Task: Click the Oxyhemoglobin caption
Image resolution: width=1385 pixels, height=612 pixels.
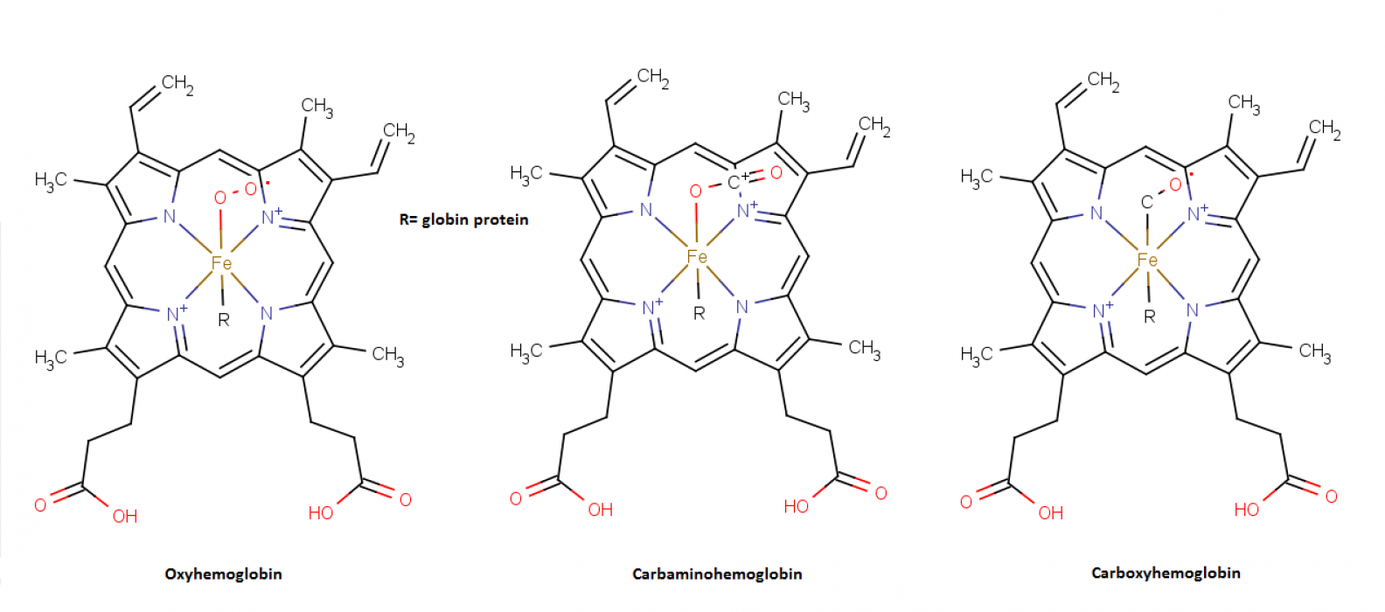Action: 223,574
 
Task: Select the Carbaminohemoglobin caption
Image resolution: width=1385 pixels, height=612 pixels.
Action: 717,574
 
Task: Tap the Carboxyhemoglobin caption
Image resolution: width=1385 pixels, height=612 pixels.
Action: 1166,573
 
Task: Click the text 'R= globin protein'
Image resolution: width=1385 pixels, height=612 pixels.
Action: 463,219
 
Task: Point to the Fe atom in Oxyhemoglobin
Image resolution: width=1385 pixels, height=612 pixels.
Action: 221,263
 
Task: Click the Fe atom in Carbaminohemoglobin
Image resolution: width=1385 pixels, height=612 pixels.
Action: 697,257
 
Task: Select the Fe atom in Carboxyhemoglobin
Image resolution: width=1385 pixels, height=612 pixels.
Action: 1147,261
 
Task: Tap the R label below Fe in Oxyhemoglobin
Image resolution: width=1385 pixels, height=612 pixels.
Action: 223,320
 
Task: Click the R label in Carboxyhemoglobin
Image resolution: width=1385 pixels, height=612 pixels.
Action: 1150,317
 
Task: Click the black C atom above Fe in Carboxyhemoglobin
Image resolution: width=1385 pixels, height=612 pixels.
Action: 1147,202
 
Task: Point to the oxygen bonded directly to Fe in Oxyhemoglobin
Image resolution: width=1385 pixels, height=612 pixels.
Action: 220,198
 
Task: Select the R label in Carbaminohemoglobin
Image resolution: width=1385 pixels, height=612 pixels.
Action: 699,313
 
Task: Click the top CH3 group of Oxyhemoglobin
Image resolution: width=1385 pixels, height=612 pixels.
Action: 317,107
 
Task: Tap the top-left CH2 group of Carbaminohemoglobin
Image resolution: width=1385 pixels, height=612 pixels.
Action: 653,78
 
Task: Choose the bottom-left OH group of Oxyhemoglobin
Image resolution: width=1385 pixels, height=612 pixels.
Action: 125,516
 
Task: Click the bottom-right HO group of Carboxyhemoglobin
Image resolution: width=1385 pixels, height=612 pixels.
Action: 1247,510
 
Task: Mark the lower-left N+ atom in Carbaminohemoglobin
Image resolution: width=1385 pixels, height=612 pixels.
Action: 651,307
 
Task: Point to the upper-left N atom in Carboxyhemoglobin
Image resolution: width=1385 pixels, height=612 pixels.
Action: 1096,213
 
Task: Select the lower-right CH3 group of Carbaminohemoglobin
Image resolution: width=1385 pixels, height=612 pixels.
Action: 865,349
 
